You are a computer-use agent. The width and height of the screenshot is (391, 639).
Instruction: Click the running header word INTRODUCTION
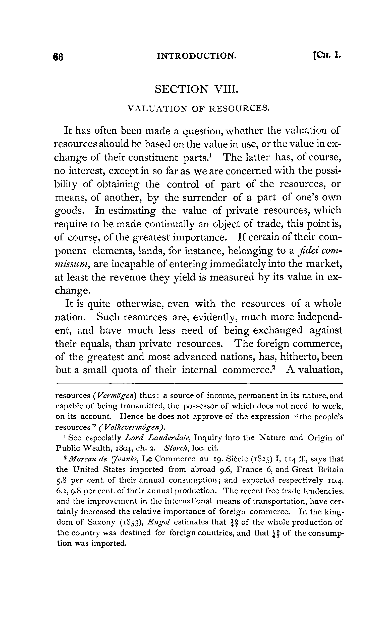click(197, 55)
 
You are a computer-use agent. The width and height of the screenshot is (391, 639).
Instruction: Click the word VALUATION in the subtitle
click(157, 109)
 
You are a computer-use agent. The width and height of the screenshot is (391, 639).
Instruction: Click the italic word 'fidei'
click(307, 251)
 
